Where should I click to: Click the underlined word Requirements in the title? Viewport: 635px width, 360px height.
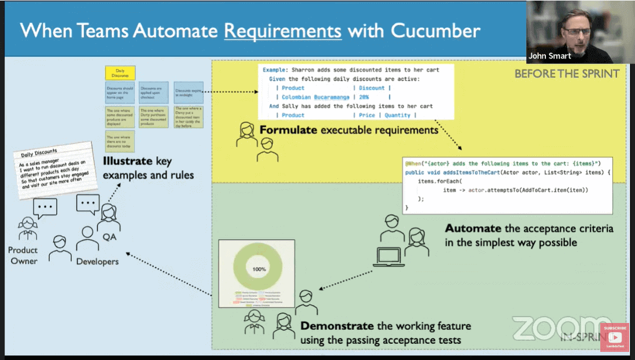click(283, 31)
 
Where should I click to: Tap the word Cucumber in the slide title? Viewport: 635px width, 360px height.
click(435, 31)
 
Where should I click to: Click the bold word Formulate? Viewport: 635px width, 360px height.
click(288, 130)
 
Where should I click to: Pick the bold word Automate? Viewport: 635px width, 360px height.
click(469, 229)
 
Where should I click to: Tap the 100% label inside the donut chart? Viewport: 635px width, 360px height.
click(258, 269)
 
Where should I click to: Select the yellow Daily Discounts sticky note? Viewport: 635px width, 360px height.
click(120, 73)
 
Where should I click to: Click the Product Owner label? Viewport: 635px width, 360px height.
click(23, 255)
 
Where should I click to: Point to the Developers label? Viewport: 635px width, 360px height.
click(97, 262)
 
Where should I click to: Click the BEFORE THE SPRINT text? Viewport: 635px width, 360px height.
click(567, 74)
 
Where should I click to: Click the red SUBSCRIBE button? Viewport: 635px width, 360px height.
click(615, 336)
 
